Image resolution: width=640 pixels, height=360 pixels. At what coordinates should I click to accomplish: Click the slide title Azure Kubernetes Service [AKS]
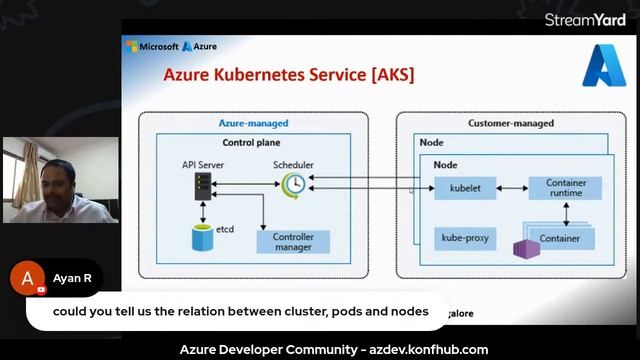coord(288,75)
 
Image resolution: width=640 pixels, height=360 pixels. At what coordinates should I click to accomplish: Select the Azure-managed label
coord(253,123)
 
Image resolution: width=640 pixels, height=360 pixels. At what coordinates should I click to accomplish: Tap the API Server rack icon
coord(203,185)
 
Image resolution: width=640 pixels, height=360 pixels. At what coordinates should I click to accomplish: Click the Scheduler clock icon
coord(293,185)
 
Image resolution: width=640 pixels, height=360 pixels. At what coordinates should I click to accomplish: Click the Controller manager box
coord(293,241)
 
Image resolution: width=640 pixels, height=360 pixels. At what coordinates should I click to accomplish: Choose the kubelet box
coord(465,187)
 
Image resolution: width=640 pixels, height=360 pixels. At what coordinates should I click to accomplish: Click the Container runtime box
coord(565,187)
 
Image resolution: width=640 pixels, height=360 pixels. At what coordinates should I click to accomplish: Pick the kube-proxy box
coord(465,239)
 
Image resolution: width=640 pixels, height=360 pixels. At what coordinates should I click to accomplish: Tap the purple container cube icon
coord(523,247)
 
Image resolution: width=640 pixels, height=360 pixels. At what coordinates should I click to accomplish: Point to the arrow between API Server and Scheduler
coord(248,185)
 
